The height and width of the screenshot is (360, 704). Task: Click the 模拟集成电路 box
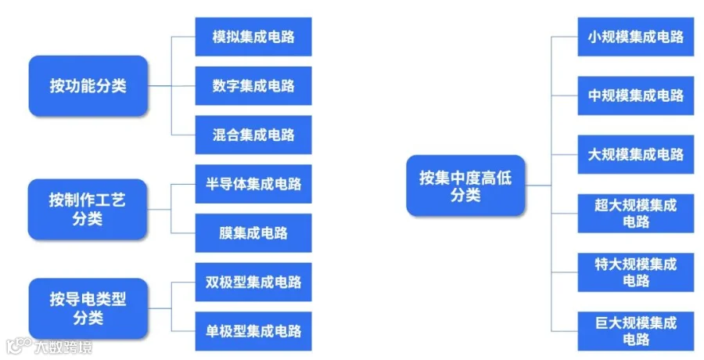(x=253, y=37)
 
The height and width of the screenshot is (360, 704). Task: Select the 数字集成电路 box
(x=253, y=86)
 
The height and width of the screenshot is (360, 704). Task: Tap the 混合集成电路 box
(x=253, y=135)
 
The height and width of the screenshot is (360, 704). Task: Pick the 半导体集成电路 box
(x=253, y=184)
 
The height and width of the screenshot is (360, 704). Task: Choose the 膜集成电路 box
(x=253, y=233)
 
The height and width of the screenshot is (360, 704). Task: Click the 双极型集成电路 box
(x=253, y=282)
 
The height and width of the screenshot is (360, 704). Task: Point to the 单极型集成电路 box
(x=253, y=330)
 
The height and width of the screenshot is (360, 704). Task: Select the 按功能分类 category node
(x=88, y=86)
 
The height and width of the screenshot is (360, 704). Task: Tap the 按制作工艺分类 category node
(x=88, y=209)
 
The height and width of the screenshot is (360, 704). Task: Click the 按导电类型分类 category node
(x=88, y=307)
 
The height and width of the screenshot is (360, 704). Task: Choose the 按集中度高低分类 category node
(x=465, y=185)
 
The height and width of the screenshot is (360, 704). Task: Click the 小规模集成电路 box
(x=635, y=37)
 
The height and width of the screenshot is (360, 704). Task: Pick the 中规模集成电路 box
(x=635, y=95)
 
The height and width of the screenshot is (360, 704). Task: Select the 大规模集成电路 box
(x=635, y=154)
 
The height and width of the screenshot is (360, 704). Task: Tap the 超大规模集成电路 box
(x=635, y=213)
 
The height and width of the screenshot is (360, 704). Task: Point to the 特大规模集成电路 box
(x=635, y=272)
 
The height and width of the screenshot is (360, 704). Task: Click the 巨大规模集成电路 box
(x=635, y=330)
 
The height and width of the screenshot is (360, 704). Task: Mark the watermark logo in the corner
(x=18, y=345)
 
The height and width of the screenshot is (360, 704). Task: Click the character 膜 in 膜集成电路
(x=226, y=233)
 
